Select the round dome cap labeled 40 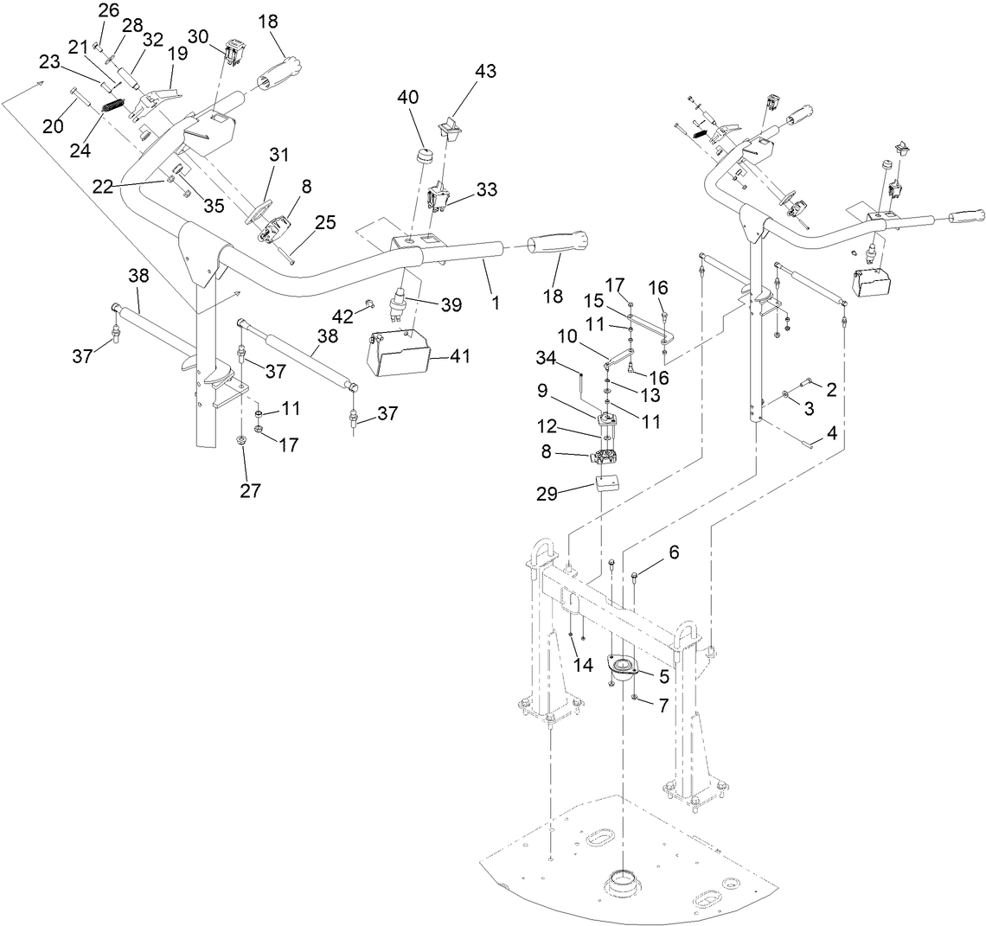pyautogui.click(x=424, y=158)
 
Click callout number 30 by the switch pyautogui.click(x=198, y=36)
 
